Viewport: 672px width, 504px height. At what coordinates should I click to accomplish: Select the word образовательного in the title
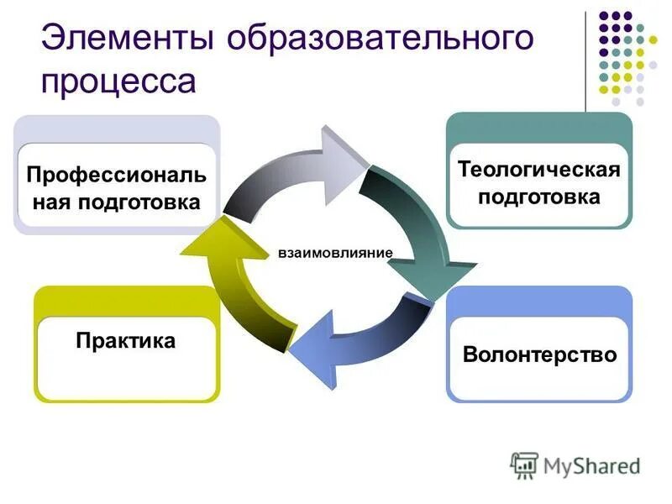click(379, 39)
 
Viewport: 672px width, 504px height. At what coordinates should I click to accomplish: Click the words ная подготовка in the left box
click(115, 202)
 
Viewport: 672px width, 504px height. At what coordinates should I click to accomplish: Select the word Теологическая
click(538, 171)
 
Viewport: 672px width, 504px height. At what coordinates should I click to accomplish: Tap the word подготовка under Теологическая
click(538, 197)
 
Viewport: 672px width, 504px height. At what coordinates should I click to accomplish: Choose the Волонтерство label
click(539, 354)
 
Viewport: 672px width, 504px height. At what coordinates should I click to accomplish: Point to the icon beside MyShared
click(524, 465)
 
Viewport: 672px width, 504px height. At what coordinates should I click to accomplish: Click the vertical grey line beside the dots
click(585, 59)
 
